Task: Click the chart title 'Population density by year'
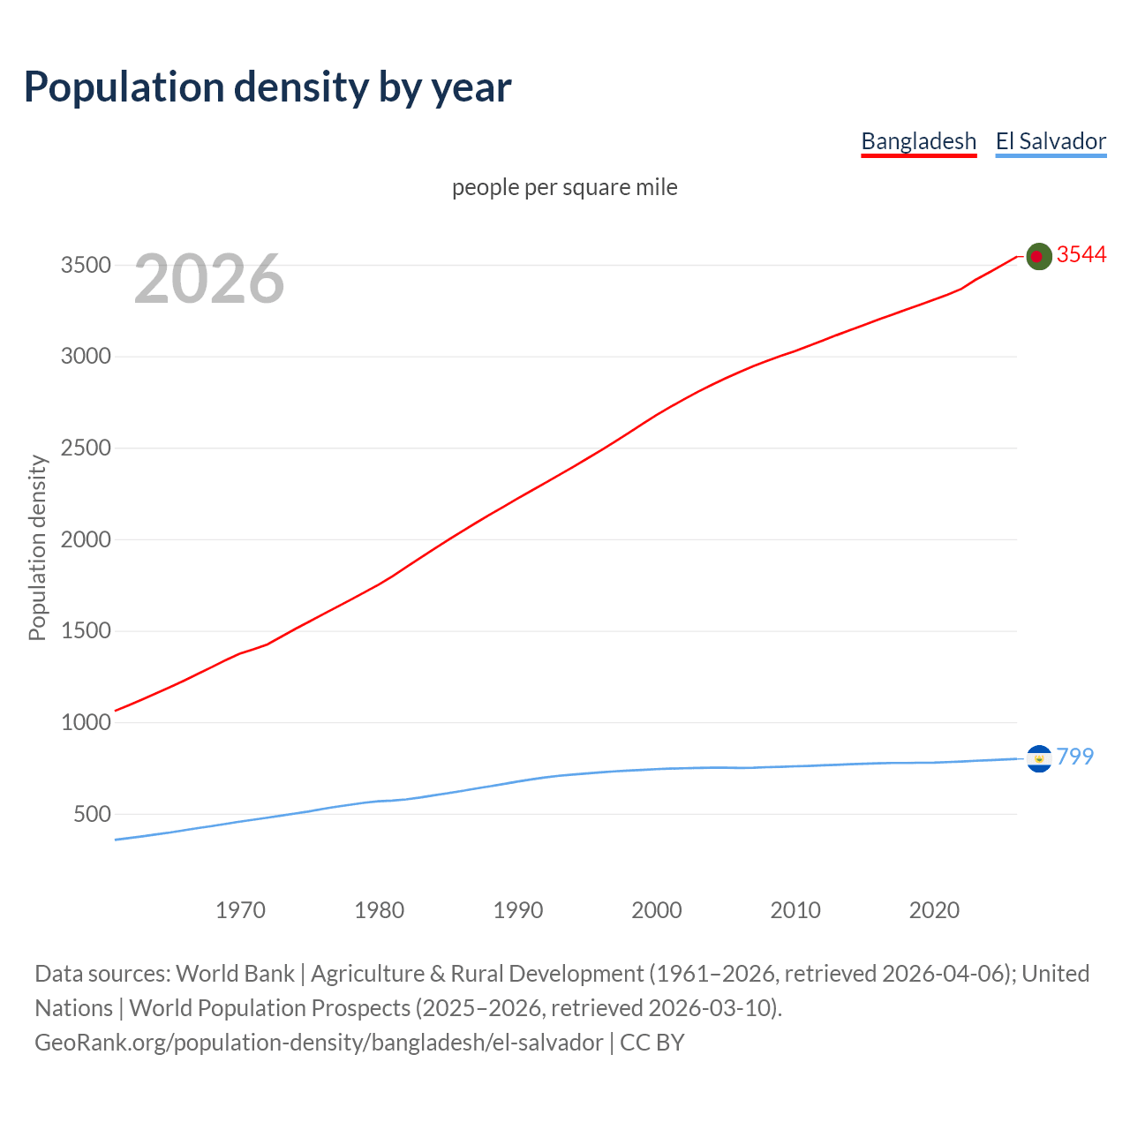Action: (x=267, y=87)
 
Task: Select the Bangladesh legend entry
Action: (x=918, y=141)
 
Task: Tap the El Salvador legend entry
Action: (x=1051, y=141)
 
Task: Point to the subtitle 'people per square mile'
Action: (x=565, y=187)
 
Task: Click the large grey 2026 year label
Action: (x=209, y=279)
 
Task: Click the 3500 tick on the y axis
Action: (x=86, y=266)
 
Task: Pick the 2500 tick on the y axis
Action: (x=86, y=448)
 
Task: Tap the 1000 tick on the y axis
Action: (x=86, y=722)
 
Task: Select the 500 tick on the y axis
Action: (x=92, y=814)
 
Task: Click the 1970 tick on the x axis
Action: (x=240, y=910)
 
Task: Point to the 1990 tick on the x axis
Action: (x=518, y=910)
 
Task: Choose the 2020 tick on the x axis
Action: (x=934, y=910)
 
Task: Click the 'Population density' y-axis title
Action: (x=37, y=547)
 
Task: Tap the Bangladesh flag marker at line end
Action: (x=1039, y=256)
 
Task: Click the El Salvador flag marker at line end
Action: (x=1039, y=758)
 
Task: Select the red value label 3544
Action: (x=1081, y=255)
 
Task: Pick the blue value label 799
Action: (x=1074, y=757)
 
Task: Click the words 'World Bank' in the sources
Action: (x=235, y=974)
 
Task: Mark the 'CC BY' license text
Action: (x=652, y=1043)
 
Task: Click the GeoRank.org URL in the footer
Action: (x=319, y=1043)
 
